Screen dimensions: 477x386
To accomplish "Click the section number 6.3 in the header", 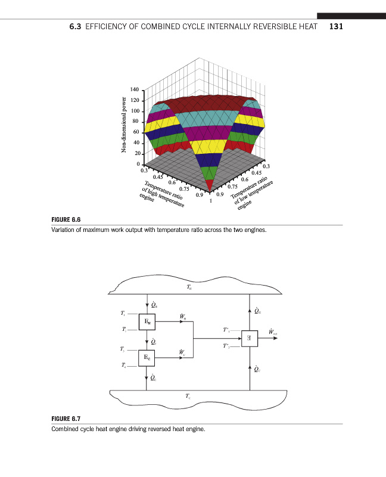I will coord(76,27).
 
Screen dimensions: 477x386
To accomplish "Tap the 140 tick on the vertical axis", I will coord(135,90).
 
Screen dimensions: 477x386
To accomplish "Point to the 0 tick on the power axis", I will coord(138,164).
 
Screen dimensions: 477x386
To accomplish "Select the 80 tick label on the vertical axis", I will coord(136,121).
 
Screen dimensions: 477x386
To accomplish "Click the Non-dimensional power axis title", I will coord(124,124).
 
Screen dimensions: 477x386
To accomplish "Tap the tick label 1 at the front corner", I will coord(210,200).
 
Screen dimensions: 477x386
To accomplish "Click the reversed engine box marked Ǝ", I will coord(250,338).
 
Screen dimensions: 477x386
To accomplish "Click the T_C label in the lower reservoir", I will coord(188,397).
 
